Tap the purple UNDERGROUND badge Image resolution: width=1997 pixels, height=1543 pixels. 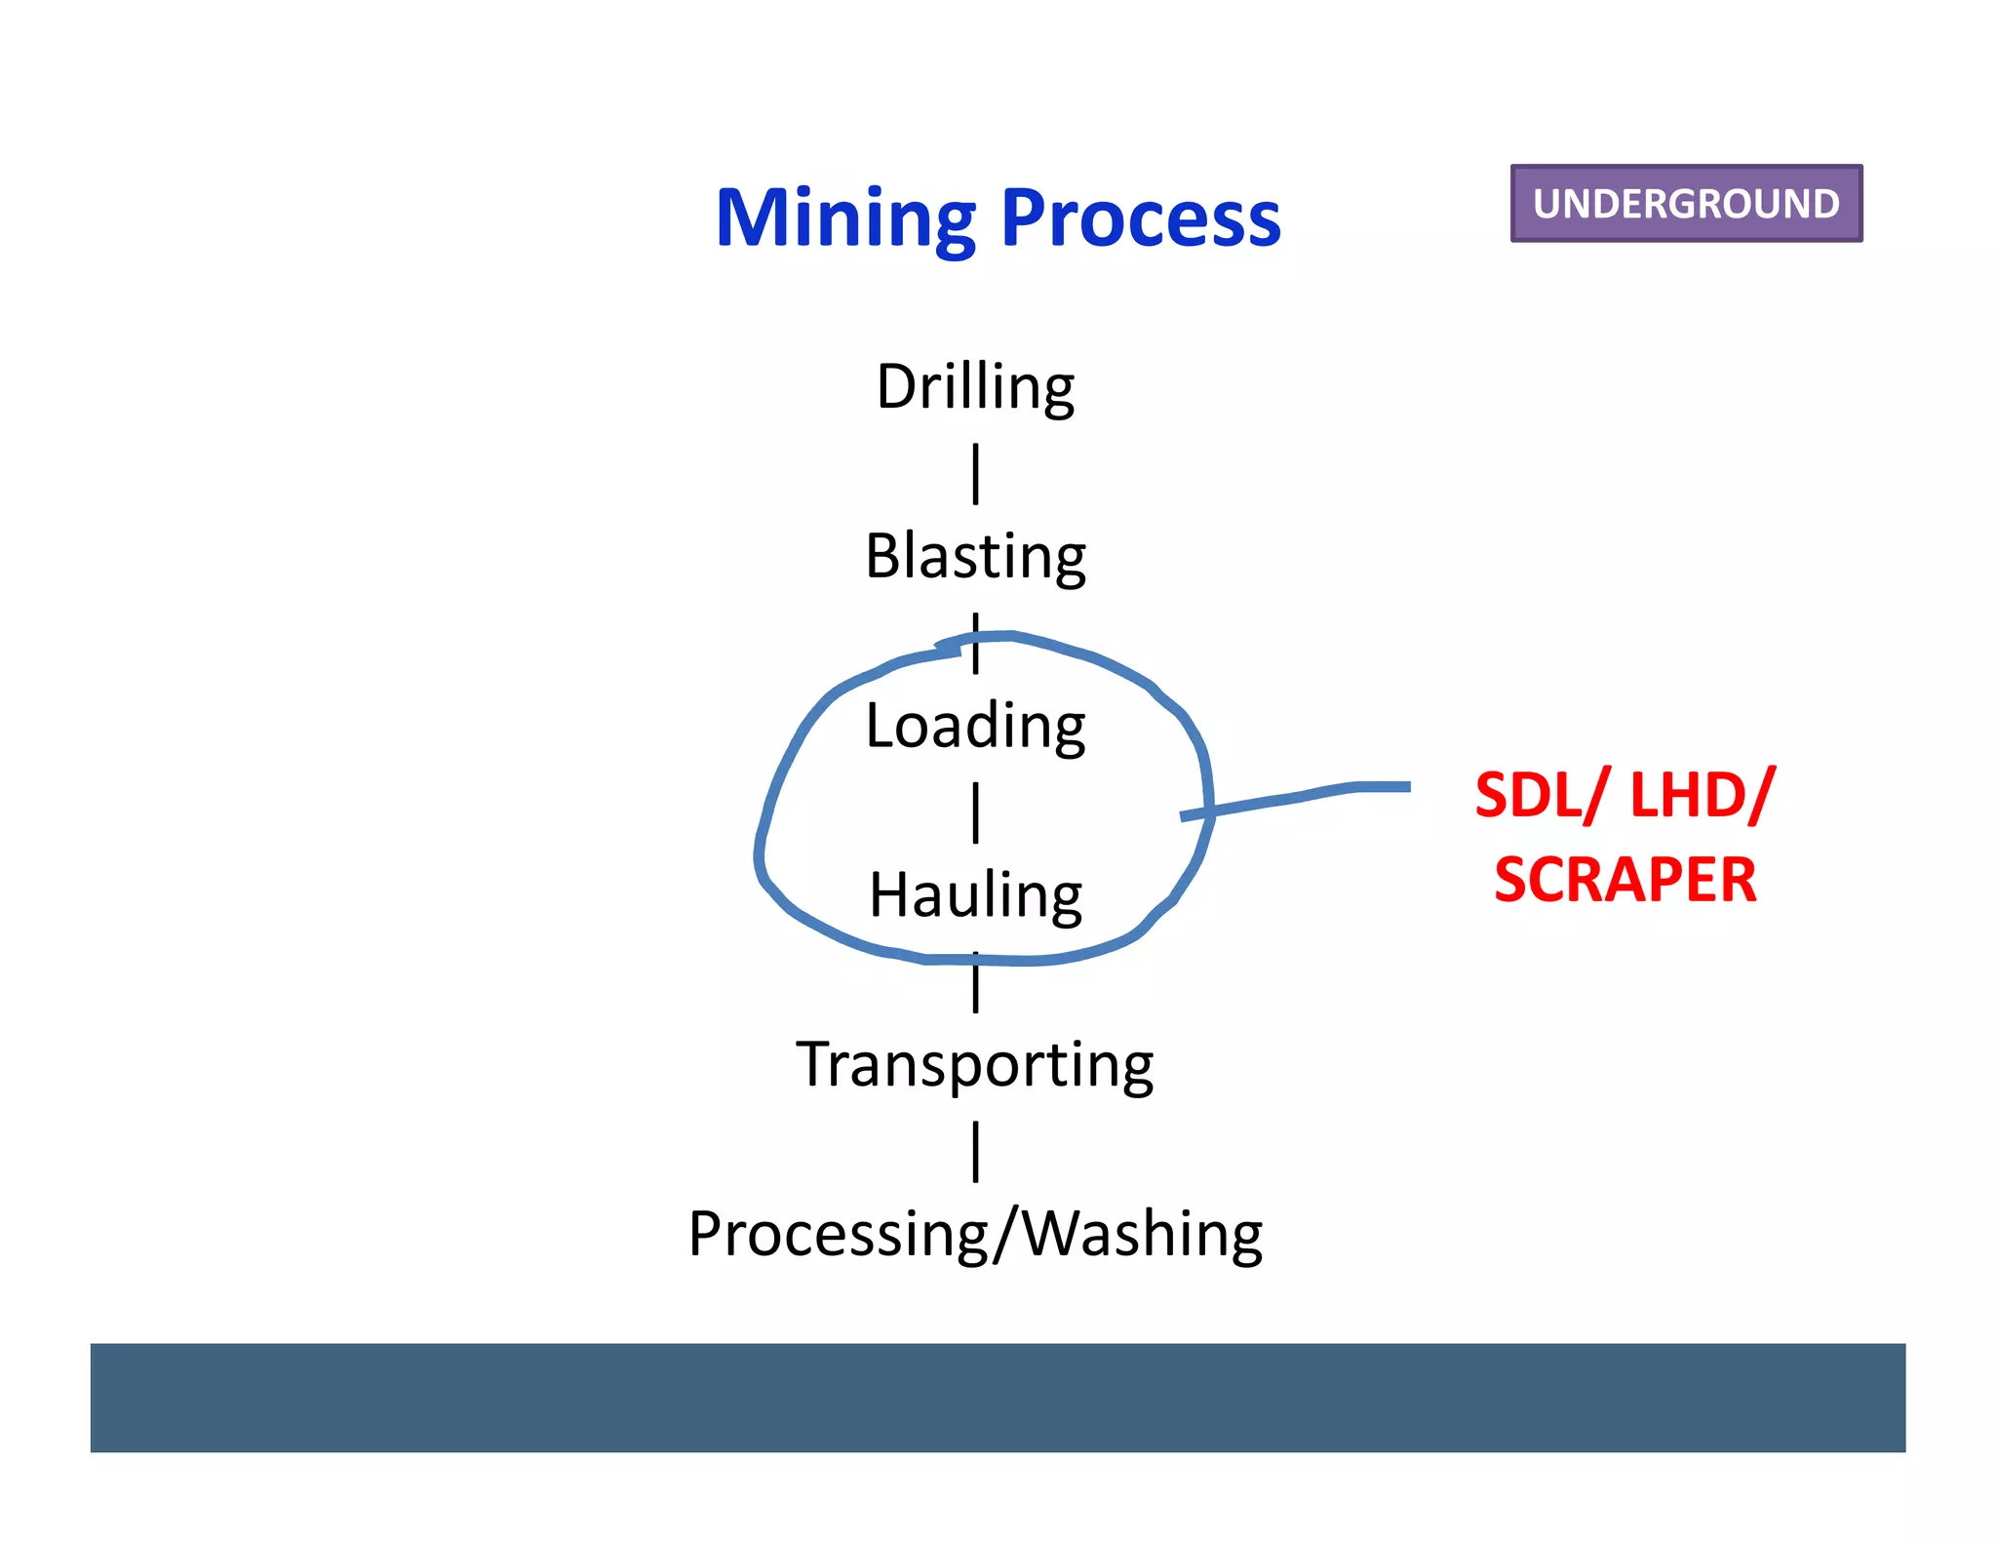click(1686, 203)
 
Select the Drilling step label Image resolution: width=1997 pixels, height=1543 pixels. click(975, 386)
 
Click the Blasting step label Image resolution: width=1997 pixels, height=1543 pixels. click(975, 556)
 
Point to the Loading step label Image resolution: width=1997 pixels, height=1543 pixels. click(975, 726)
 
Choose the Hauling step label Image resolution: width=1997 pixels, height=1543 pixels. click(975, 895)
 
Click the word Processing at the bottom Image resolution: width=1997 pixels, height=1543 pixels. click(839, 1234)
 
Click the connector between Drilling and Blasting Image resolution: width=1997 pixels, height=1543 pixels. click(975, 474)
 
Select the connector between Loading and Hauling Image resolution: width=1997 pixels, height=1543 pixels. click(975, 812)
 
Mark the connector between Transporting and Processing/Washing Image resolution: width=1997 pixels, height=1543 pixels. click(975, 1152)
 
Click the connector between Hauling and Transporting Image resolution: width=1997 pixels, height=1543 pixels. click(975, 985)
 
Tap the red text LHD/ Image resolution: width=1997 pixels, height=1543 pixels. click(1702, 796)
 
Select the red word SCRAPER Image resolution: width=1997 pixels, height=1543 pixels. click(1625, 880)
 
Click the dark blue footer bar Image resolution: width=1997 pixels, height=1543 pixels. click(998, 1397)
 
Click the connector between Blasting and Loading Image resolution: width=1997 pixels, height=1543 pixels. click(975, 644)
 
